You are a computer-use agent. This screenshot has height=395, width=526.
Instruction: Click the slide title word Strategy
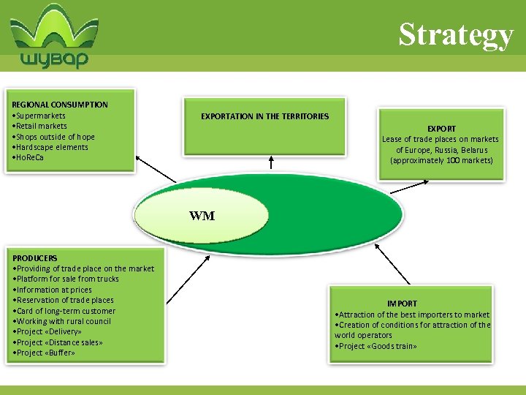(456, 34)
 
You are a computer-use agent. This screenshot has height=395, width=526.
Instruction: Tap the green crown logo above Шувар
(55, 29)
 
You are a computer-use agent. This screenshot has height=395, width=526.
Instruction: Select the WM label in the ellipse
(202, 216)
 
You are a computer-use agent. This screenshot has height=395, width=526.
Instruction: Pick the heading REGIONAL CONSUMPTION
(60, 105)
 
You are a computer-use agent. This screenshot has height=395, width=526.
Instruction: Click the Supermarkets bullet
(40, 116)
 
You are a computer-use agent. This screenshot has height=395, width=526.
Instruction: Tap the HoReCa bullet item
(29, 157)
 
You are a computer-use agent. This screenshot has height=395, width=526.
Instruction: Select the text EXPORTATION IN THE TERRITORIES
(264, 116)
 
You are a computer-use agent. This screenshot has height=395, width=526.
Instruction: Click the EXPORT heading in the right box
(441, 129)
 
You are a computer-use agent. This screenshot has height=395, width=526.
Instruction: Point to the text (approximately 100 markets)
(441, 160)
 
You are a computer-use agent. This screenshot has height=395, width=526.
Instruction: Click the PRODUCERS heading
(35, 258)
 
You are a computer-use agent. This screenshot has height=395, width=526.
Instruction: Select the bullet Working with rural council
(63, 321)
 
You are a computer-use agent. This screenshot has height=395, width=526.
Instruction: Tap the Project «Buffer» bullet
(45, 353)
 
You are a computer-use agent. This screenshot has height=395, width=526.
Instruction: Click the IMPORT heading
(402, 304)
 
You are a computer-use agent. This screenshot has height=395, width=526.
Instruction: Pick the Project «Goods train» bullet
(376, 346)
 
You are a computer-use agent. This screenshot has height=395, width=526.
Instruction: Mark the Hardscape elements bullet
(51, 147)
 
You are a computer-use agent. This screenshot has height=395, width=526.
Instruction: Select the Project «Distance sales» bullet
(58, 342)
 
